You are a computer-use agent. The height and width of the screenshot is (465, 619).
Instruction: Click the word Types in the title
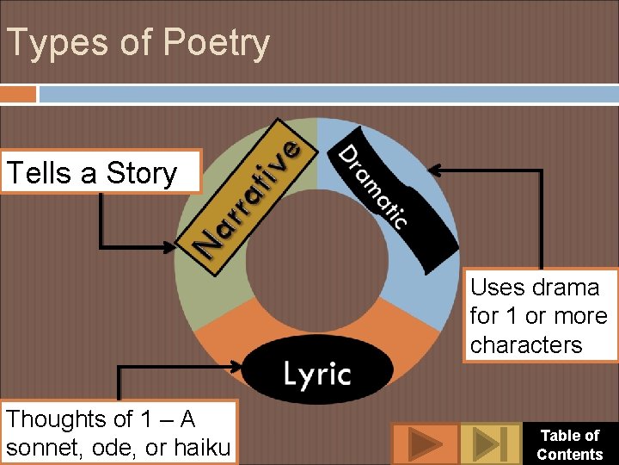click(x=52, y=44)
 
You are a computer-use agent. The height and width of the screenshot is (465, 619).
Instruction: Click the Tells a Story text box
click(x=101, y=173)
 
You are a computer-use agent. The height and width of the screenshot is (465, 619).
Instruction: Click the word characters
click(x=526, y=344)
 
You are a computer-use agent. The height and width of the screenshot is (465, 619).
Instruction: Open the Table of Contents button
click(x=569, y=444)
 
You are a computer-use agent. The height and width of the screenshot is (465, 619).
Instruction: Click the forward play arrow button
click(x=425, y=444)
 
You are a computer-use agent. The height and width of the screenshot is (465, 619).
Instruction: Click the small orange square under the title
click(x=18, y=93)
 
